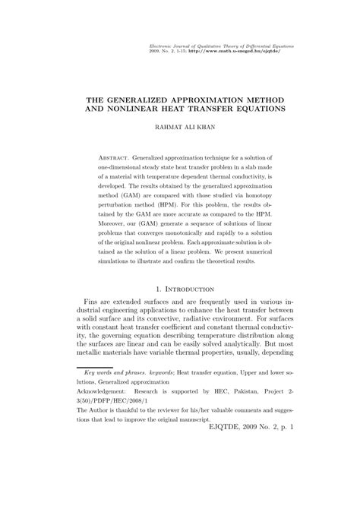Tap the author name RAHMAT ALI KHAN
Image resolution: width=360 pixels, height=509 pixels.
pos(180,128)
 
